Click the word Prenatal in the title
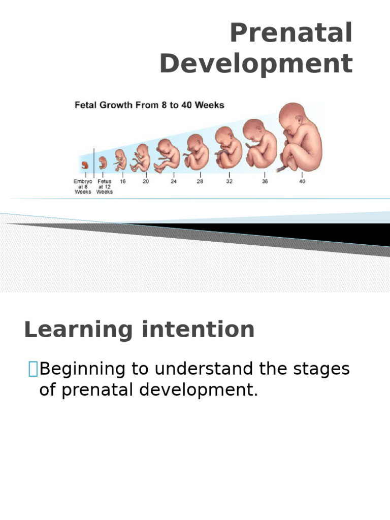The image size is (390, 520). click(291, 34)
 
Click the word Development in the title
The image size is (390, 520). click(256, 64)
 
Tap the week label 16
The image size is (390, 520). click(122, 181)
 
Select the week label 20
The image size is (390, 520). click(146, 181)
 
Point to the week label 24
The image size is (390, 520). click(173, 181)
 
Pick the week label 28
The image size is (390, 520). click(200, 181)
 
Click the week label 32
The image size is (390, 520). click(229, 181)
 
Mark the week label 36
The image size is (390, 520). click(265, 181)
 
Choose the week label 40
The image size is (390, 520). click(302, 181)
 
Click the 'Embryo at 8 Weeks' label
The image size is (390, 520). click(83, 186)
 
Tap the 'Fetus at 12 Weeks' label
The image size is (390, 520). click(105, 186)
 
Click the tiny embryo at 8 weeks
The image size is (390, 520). click(84, 165)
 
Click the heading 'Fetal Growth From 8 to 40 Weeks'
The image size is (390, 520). click(149, 106)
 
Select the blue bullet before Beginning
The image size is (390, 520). click(33, 369)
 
